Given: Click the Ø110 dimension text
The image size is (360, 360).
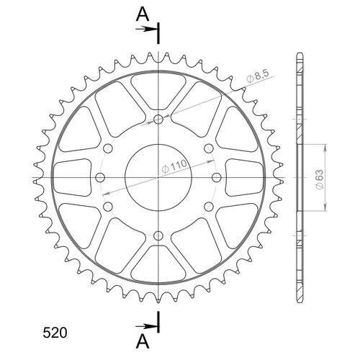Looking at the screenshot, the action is point(174,166).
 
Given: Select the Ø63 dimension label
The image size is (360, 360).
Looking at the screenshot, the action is point(320,180).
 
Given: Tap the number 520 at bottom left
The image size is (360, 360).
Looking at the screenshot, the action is point(55,333).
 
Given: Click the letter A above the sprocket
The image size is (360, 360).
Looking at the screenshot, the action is point(143,14).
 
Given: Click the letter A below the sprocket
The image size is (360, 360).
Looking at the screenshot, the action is point(143,341).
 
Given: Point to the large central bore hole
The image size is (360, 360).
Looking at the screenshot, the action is point(158,178).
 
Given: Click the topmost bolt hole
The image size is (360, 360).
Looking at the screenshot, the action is point(158,119).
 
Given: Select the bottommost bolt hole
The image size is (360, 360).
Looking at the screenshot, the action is point(158,235).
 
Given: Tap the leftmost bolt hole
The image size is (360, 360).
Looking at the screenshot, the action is point(100,178).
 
